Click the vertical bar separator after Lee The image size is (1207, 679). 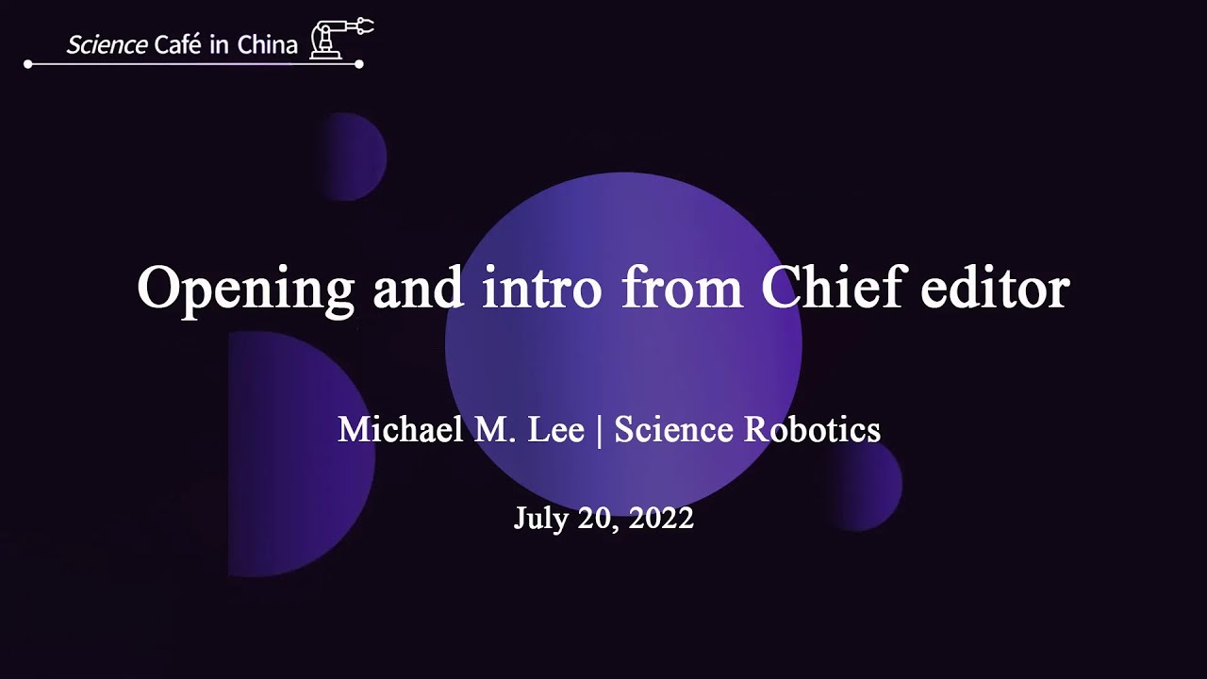point(599,431)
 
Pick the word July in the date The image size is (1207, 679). point(538,519)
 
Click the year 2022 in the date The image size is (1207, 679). point(661,519)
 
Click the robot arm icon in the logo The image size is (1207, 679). point(340,39)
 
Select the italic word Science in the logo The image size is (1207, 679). point(107,44)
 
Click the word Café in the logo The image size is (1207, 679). point(180,44)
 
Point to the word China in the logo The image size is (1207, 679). point(268,44)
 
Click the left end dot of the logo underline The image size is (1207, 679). point(28,64)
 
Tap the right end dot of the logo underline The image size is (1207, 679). point(359,64)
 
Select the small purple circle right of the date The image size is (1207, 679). point(867,484)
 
